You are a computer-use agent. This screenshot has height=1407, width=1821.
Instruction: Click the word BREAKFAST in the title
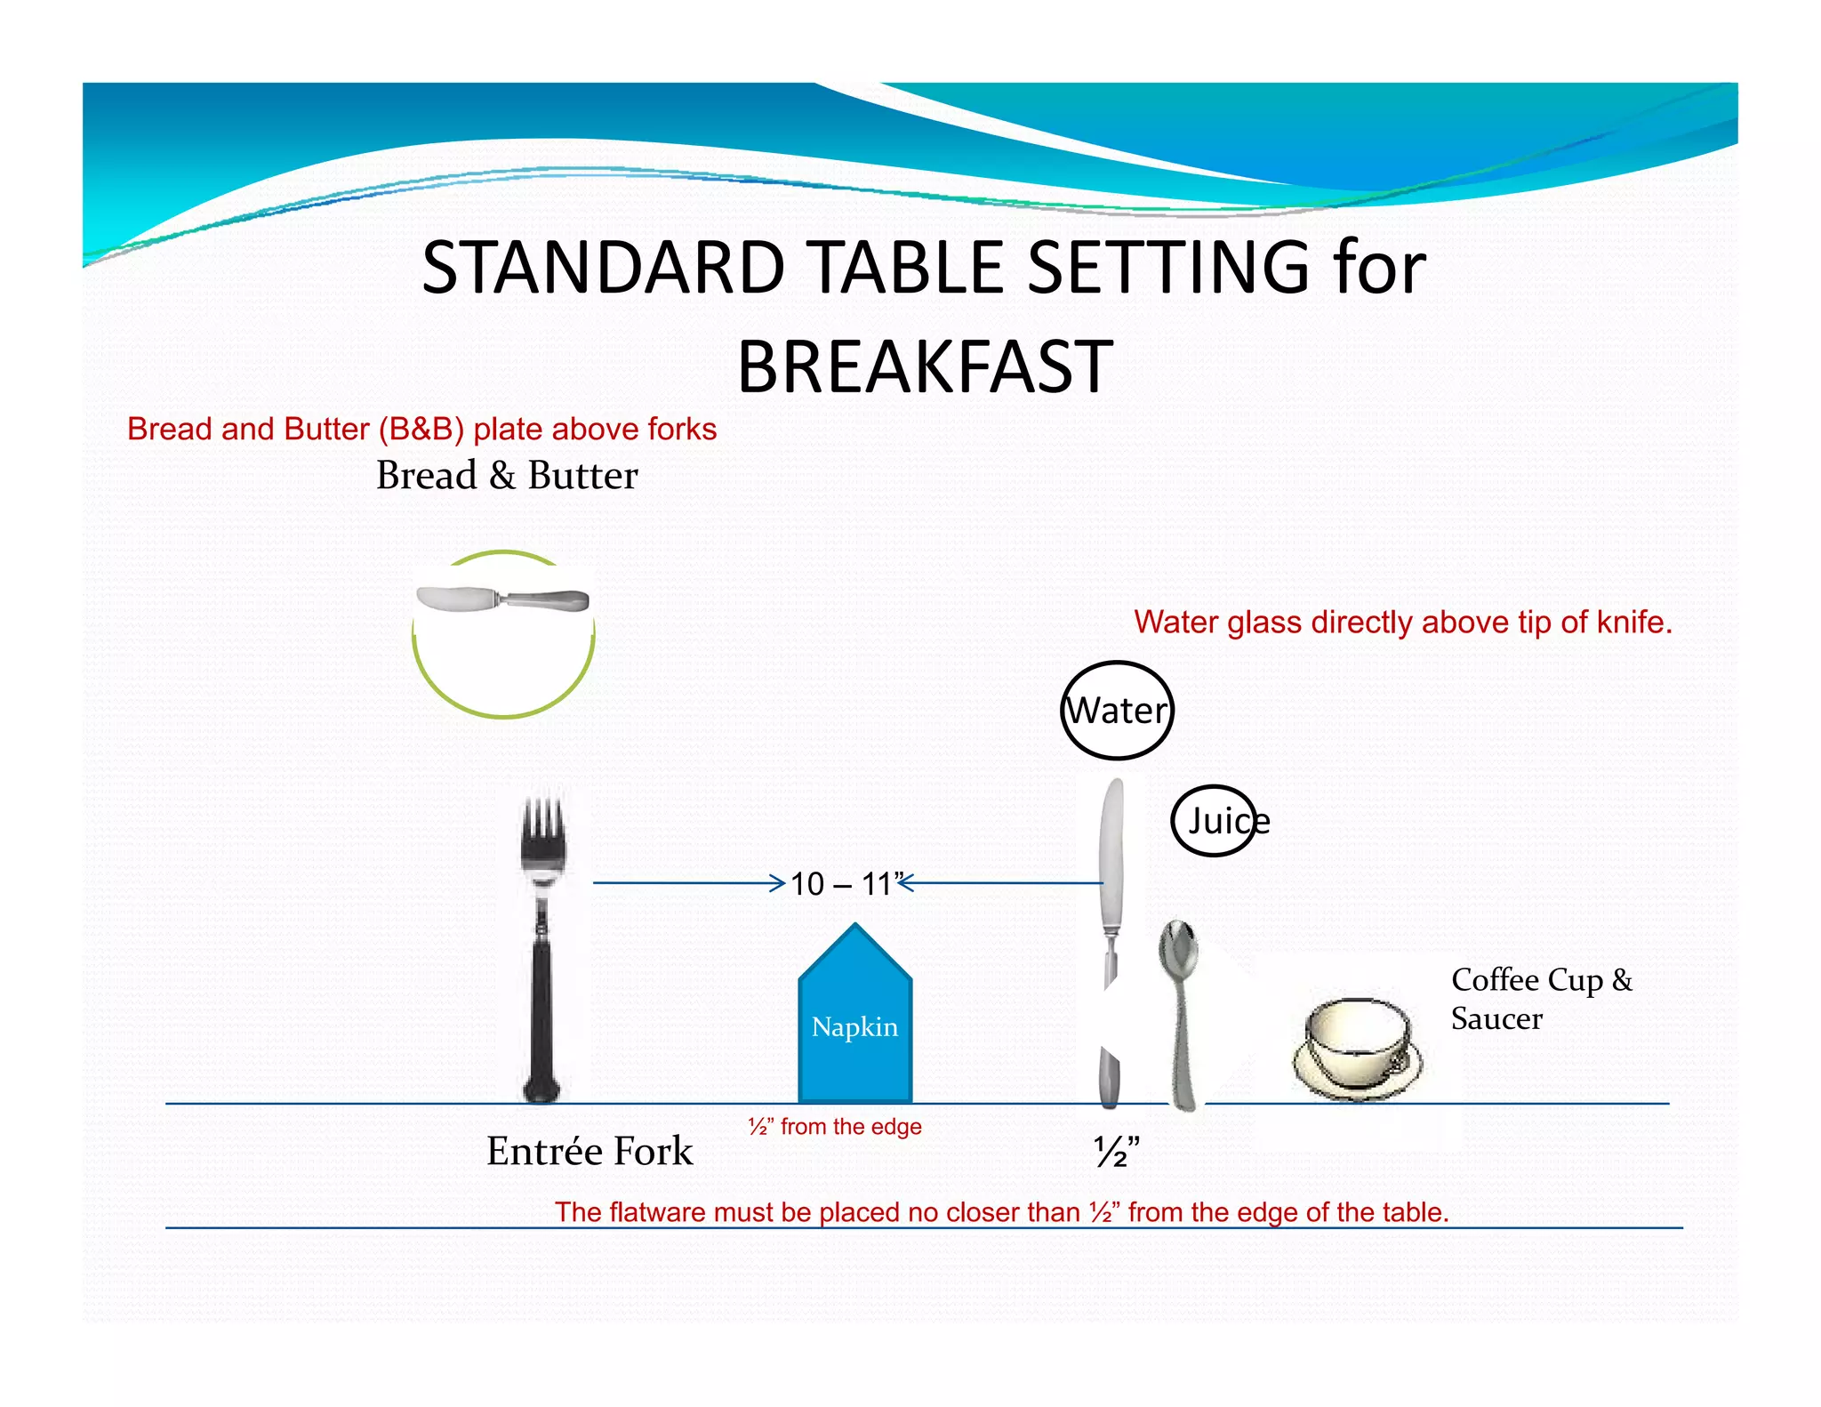point(925,366)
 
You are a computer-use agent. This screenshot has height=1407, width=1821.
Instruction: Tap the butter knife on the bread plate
point(502,599)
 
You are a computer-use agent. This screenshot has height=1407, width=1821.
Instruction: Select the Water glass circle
point(1118,711)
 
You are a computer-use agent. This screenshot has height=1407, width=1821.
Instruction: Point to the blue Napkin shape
point(855,1023)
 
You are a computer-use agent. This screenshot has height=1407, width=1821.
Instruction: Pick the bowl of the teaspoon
point(1179,950)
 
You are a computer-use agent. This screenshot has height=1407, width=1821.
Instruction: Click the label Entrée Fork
point(590,1151)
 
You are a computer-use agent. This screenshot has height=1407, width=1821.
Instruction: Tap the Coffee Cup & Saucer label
point(1540,999)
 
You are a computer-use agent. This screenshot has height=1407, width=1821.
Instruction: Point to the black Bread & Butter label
point(507,475)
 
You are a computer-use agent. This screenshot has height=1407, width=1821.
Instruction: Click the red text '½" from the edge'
point(835,1127)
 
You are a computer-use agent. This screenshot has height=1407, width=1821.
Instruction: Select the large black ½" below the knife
point(1116,1152)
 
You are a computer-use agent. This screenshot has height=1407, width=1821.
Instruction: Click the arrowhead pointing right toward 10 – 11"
point(778,883)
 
